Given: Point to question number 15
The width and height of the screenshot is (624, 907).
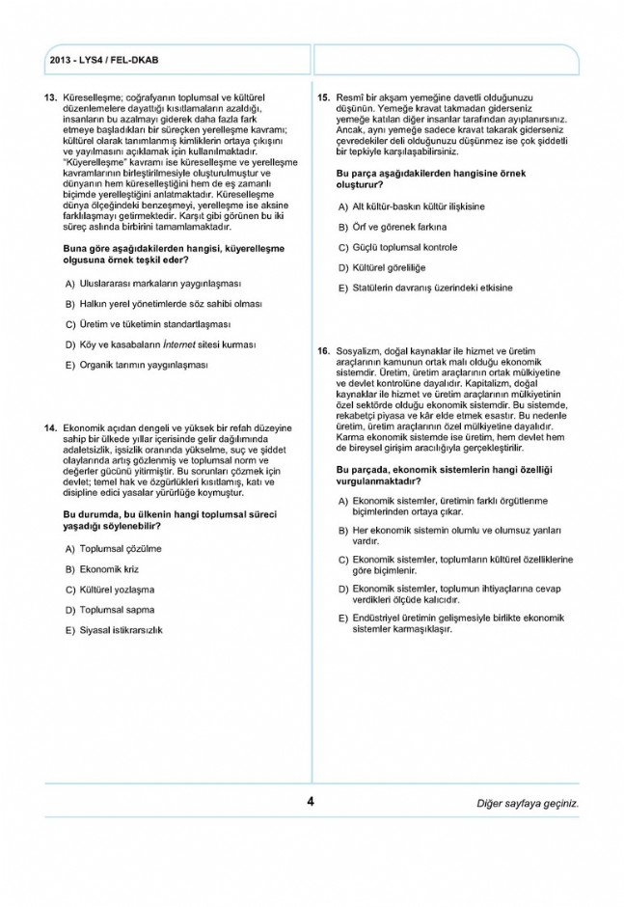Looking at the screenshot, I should [324, 97].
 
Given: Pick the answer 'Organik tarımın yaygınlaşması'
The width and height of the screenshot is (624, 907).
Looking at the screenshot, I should [144, 365].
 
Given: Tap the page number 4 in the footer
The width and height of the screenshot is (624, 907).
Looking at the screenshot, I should [311, 801].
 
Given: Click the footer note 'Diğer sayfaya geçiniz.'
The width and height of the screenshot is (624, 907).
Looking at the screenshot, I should [529, 803].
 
